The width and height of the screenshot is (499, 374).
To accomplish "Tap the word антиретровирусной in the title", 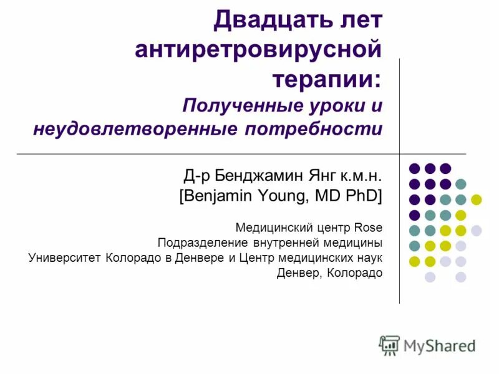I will click(x=258, y=50).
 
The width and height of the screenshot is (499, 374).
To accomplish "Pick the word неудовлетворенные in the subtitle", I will click(x=135, y=130).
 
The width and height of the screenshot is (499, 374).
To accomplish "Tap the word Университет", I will click(x=64, y=257).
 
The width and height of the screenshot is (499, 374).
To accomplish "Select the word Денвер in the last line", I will click(x=298, y=273).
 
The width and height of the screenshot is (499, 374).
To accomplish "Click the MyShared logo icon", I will click(x=389, y=344).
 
